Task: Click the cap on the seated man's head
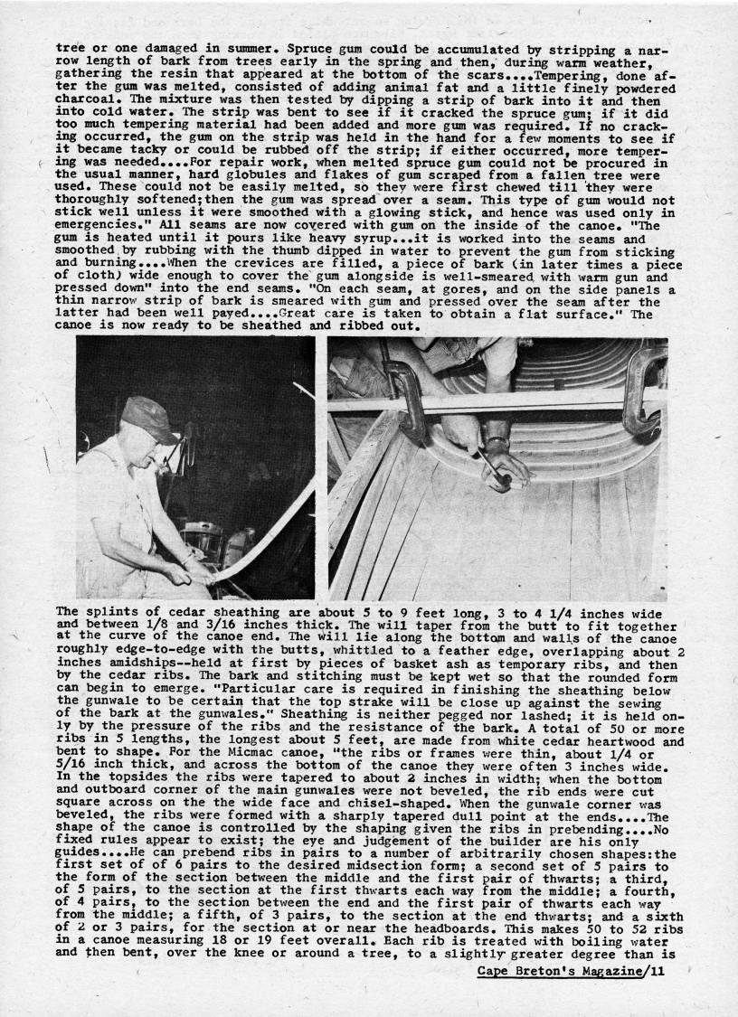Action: [x=148, y=418]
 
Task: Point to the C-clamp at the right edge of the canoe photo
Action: [x=644, y=389]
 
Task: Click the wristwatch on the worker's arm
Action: [x=496, y=444]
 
